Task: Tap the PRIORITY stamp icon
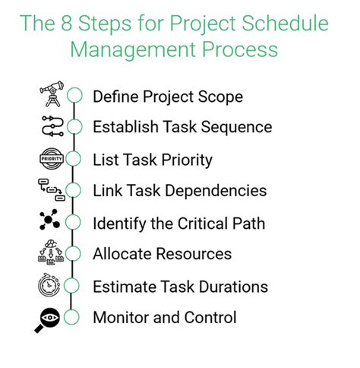point(50,160)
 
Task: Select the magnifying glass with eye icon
point(49,319)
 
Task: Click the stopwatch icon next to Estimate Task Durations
point(50,287)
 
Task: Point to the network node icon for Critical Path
point(50,222)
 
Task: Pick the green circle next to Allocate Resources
point(74,255)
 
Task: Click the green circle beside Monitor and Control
point(74,319)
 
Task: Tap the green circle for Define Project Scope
point(74,96)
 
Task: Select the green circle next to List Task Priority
point(74,160)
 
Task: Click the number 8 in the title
point(77,24)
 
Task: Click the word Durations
point(232,287)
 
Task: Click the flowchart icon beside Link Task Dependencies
point(50,191)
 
